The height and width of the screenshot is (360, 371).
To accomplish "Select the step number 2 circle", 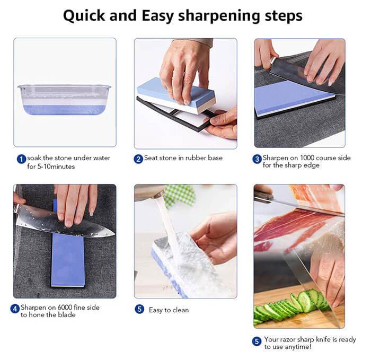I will (138, 159).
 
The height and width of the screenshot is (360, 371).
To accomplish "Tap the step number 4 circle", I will (16, 309).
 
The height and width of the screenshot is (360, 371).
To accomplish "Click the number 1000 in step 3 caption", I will (306, 158).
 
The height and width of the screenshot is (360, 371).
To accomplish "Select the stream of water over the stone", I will (166, 223).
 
